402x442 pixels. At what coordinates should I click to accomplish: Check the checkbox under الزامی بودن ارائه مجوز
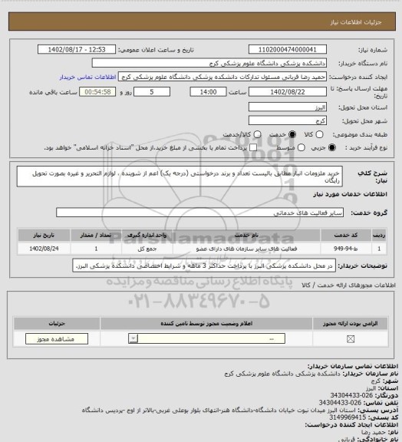tap(351, 338)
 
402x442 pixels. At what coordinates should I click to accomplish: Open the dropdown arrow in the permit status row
tap(135, 338)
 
